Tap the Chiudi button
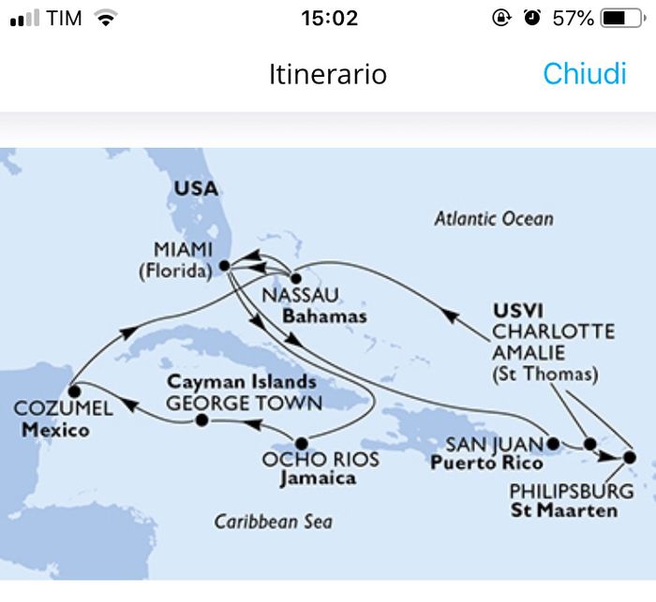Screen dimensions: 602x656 click(584, 74)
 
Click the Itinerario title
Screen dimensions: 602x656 click(327, 74)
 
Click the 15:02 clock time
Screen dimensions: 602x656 click(329, 18)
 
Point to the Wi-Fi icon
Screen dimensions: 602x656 click(106, 18)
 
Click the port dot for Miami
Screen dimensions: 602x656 click(225, 266)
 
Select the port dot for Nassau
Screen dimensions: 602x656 click(295, 278)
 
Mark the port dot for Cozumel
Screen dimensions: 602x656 click(73, 388)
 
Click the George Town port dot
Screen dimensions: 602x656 click(201, 421)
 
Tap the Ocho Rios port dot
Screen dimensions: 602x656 click(301, 444)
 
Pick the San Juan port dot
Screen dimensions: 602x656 click(553, 443)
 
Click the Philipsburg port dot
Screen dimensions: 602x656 click(629, 458)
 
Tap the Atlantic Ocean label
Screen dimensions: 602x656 click(493, 219)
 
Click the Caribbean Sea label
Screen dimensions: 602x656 click(273, 521)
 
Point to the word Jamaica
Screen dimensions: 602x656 click(319, 477)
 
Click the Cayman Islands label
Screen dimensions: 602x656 click(242, 383)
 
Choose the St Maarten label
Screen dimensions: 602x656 click(564, 510)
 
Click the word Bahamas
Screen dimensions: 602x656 click(327, 316)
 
